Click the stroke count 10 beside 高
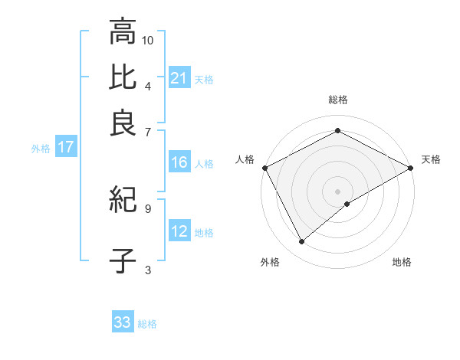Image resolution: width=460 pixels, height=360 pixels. point(148,40)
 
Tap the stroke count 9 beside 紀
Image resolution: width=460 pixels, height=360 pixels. point(148,208)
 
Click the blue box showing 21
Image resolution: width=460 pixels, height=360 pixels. point(179,78)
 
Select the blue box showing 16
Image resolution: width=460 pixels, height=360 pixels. point(179,162)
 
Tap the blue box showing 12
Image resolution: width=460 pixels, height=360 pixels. point(179,232)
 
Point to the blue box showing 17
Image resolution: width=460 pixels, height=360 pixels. point(65,148)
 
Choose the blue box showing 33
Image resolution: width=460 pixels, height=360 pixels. point(123,322)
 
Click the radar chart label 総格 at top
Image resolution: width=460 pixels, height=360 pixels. point(338,100)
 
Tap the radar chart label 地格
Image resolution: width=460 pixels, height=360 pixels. point(402,262)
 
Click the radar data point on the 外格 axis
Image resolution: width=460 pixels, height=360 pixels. point(302,242)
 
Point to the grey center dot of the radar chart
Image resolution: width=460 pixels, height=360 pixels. point(338,191)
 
